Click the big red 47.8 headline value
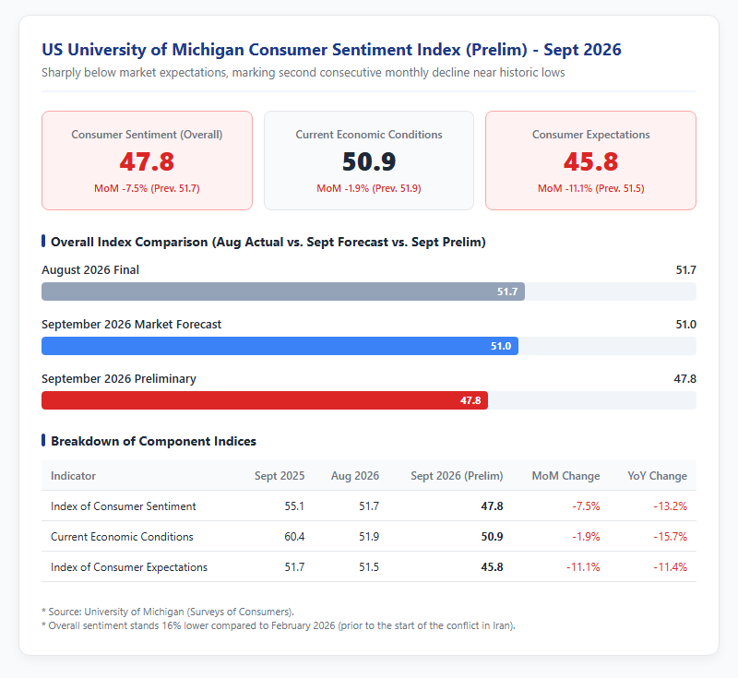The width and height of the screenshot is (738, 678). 147,161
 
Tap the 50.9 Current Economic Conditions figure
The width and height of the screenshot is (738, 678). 369,161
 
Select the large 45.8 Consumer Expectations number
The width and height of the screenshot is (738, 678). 590,161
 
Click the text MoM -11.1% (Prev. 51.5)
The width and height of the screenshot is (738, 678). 590,188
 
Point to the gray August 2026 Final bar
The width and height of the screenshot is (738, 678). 283,291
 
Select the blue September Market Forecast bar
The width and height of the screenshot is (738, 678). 280,346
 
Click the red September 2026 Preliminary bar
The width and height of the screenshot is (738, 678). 265,400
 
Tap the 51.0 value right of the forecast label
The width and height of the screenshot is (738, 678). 685,324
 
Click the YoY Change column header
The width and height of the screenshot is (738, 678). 657,476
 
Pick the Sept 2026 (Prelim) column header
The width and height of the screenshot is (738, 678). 457,476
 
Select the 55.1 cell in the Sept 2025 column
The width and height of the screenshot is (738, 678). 294,506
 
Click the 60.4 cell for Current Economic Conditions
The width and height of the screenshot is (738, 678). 294,536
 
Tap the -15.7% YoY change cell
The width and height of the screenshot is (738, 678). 671,536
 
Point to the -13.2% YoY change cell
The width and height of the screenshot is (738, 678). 671,506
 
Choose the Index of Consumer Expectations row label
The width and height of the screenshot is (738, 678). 129,567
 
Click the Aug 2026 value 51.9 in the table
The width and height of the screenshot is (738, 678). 369,536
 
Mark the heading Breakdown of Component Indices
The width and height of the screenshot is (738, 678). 153,441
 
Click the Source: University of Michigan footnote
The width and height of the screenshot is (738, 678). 168,612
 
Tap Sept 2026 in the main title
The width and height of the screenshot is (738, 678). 582,50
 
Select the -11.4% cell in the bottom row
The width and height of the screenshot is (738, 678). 671,567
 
